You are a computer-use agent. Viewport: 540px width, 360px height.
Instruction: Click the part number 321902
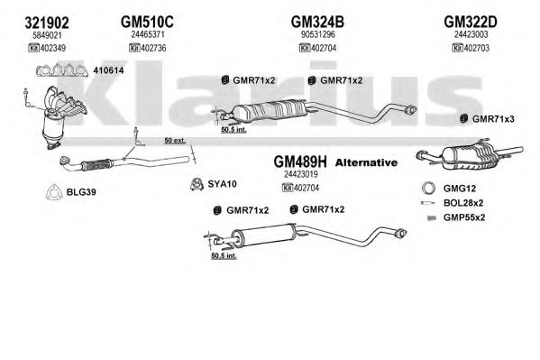pos(47,23)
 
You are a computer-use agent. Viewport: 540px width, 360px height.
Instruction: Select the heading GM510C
pos(147,22)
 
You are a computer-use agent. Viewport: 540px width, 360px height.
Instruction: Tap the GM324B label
pos(317,22)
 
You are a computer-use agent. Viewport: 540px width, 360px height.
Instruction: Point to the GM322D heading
pos(471,22)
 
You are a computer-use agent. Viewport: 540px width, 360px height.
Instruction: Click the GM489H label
pos(300,162)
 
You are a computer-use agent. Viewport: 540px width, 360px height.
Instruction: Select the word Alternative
pos(366,162)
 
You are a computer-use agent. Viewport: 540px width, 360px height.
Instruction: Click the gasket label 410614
pos(108,70)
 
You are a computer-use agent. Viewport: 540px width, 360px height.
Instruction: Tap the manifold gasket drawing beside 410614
pos(61,70)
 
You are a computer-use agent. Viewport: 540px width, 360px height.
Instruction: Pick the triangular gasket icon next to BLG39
pos(54,192)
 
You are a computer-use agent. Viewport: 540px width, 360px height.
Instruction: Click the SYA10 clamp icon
pos(197,184)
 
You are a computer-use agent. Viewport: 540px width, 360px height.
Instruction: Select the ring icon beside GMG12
pos(428,189)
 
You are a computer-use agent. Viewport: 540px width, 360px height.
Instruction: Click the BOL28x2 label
pos(463,203)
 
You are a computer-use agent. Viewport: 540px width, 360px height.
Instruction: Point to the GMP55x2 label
pos(464,217)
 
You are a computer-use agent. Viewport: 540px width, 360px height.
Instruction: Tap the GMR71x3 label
pos(493,119)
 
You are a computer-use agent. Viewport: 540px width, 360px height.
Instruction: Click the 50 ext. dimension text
pos(175,141)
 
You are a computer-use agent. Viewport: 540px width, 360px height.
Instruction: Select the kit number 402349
pos(52,48)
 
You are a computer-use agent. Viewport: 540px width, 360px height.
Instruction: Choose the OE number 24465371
pos(148,34)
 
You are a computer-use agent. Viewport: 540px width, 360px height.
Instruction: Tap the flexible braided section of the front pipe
pos(96,165)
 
